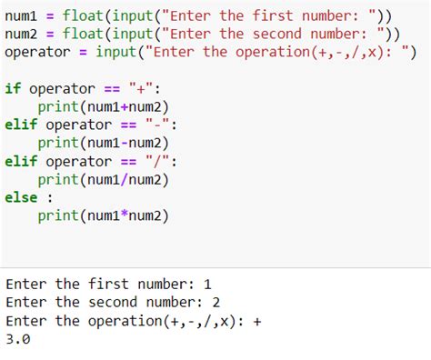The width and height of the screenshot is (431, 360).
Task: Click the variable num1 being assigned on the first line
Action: tap(22, 15)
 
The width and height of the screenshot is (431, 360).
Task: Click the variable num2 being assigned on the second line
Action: tap(22, 34)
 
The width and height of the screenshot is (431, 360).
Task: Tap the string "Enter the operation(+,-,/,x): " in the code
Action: tap(282, 52)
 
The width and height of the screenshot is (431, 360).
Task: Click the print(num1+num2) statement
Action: tap(104, 106)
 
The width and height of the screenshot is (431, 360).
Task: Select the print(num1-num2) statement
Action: tap(104, 143)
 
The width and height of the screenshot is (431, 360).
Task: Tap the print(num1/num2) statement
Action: tap(104, 179)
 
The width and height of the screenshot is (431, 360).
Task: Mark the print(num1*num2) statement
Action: tap(104, 215)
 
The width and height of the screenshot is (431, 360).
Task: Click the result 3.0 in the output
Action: tap(18, 339)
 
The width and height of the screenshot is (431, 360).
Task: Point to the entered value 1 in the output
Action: tap(207, 284)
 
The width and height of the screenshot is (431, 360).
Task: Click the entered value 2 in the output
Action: tap(215, 302)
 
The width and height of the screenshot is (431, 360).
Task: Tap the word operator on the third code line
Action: tap(37, 52)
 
